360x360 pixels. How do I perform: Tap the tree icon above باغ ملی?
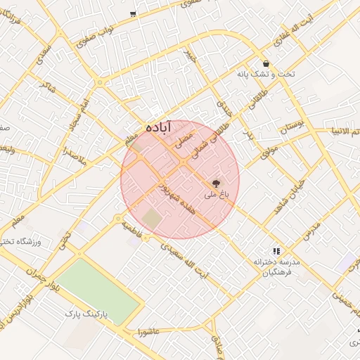pyautogui.click(x=215, y=181)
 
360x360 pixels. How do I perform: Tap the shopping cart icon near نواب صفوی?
pyautogui.click(x=133, y=14)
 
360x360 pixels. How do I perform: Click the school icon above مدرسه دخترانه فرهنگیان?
pyautogui.click(x=276, y=250)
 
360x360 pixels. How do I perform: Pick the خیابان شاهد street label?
pyautogui.click(x=287, y=186)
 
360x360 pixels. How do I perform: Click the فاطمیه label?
pyautogui.click(x=131, y=229)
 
